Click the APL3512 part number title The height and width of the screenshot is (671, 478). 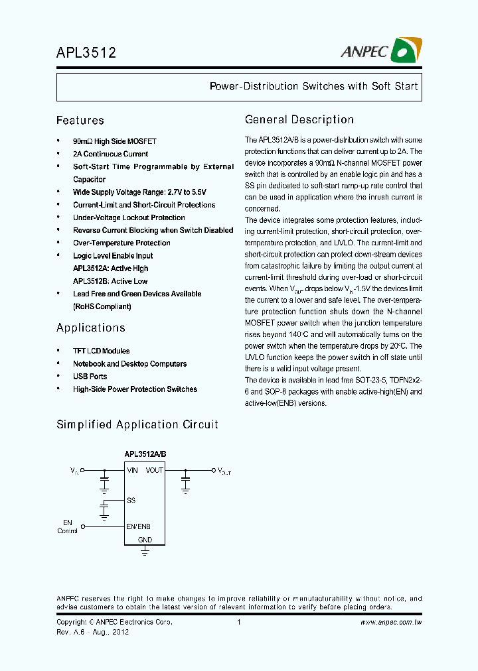[x=86, y=53]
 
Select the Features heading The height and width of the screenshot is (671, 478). [x=80, y=121]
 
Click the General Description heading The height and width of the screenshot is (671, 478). [x=299, y=120]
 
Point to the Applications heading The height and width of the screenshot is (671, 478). [x=90, y=328]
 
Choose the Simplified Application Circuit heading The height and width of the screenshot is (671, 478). [x=137, y=425]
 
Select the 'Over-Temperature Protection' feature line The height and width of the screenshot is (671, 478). [x=121, y=243]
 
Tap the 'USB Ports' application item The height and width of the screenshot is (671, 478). [x=90, y=377]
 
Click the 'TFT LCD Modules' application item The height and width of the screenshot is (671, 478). [x=101, y=351]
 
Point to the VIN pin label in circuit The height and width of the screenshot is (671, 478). [x=132, y=470]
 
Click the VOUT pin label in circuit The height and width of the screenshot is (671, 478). [x=155, y=470]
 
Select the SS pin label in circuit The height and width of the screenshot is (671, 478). [x=131, y=501]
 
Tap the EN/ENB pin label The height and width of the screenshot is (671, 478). [x=139, y=526]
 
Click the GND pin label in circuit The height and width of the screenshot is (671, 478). [x=145, y=540]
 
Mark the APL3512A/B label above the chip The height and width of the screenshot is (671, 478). [x=145, y=454]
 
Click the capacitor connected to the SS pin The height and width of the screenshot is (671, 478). [x=104, y=509]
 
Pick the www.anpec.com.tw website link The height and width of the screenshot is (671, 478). [x=391, y=623]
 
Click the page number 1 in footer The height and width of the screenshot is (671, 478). [x=238, y=623]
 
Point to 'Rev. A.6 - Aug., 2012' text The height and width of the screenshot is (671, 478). [x=92, y=633]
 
